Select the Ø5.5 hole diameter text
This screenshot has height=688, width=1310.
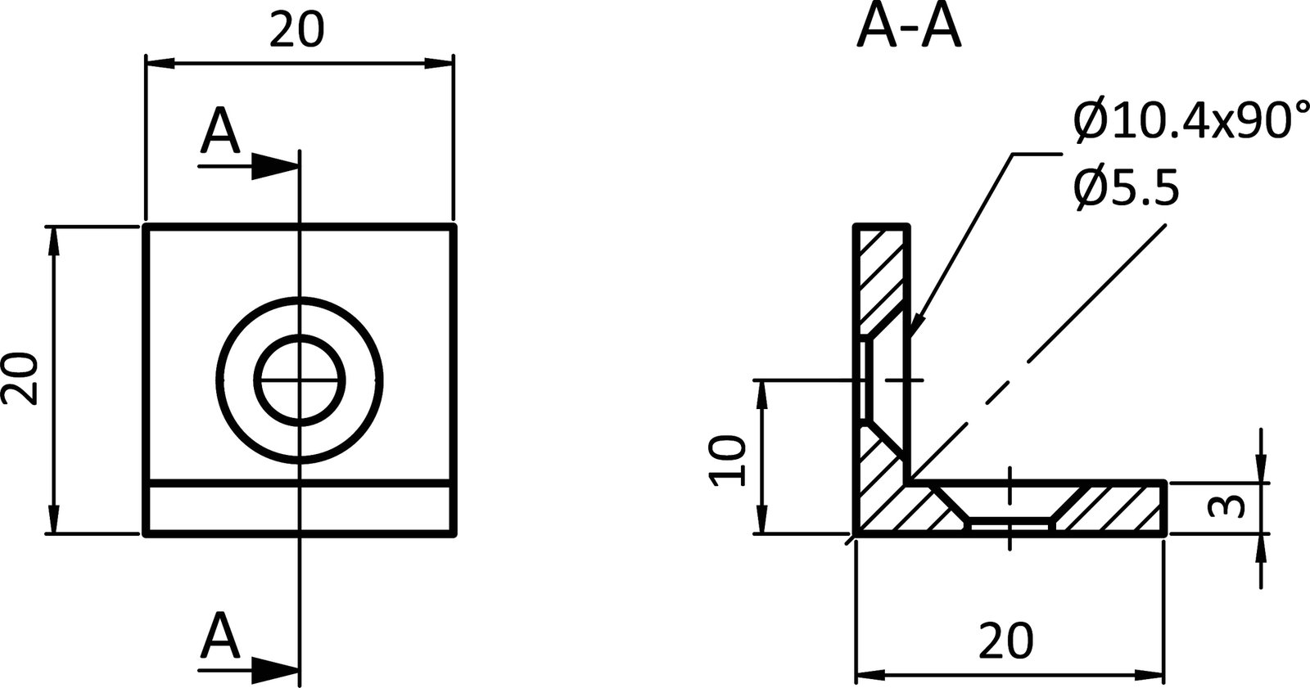coord(1126,190)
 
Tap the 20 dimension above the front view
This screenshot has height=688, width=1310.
coord(296,31)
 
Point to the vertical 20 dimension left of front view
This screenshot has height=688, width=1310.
coord(20,379)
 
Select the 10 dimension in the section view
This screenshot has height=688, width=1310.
coord(728,461)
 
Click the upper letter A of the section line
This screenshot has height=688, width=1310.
coord(219,133)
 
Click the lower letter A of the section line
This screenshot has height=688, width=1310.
coord(219,636)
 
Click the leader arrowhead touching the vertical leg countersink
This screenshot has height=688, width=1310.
coord(915,329)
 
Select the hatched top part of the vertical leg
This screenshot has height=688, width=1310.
coord(882,274)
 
